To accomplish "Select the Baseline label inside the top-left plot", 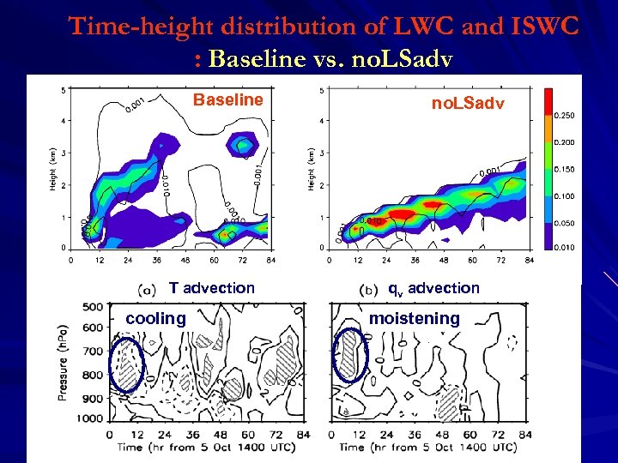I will point(227,100).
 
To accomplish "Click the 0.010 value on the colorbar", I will point(564,249).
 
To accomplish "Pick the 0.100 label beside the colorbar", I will point(564,195).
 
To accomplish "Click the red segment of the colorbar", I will point(547,100).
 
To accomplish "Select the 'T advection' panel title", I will point(211,288).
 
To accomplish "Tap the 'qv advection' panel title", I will point(433,288).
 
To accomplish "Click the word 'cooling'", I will point(155,319).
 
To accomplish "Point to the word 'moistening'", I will point(414,319).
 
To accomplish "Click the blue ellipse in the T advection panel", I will point(128,364).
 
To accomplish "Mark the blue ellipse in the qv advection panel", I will point(348,355).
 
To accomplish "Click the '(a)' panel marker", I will point(146,289).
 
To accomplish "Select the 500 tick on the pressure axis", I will point(93,307).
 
